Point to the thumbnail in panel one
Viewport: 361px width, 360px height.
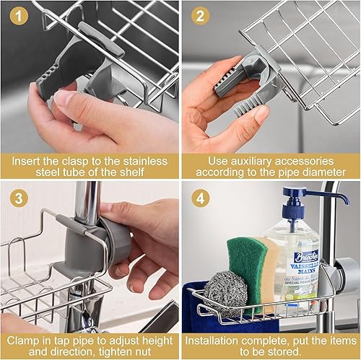pos(64,98)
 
